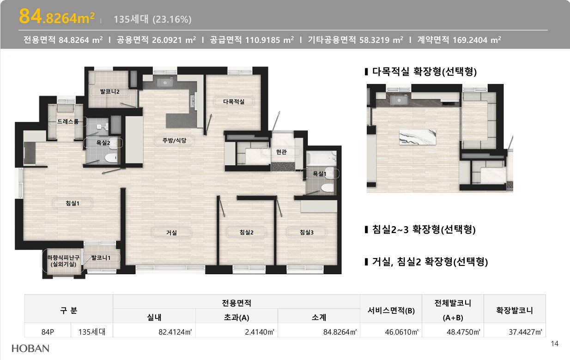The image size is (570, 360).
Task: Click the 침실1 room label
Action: point(73,203)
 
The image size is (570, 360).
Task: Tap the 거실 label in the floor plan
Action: point(171,232)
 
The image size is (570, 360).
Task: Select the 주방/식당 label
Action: point(174,140)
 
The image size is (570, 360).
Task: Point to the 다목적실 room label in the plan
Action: point(234,102)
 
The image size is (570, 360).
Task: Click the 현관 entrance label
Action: point(281,152)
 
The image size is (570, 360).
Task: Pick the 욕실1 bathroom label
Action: point(319,174)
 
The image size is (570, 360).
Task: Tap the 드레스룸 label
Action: point(68,121)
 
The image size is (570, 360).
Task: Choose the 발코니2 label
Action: point(109,91)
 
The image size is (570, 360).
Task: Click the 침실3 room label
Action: point(307,232)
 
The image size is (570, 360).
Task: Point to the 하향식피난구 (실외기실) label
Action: point(63,261)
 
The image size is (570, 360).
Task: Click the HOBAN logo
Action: point(30,348)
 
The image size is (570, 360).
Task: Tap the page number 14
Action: point(555,344)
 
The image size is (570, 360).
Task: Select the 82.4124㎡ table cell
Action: point(175,332)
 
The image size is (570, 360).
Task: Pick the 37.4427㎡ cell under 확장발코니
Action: point(525,332)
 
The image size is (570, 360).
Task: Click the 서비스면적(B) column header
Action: point(391,311)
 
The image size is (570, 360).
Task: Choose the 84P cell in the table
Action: point(48,332)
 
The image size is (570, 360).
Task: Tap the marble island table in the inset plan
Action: point(418,137)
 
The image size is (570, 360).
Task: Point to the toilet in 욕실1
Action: point(327,188)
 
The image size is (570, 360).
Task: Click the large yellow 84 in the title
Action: point(30,16)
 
